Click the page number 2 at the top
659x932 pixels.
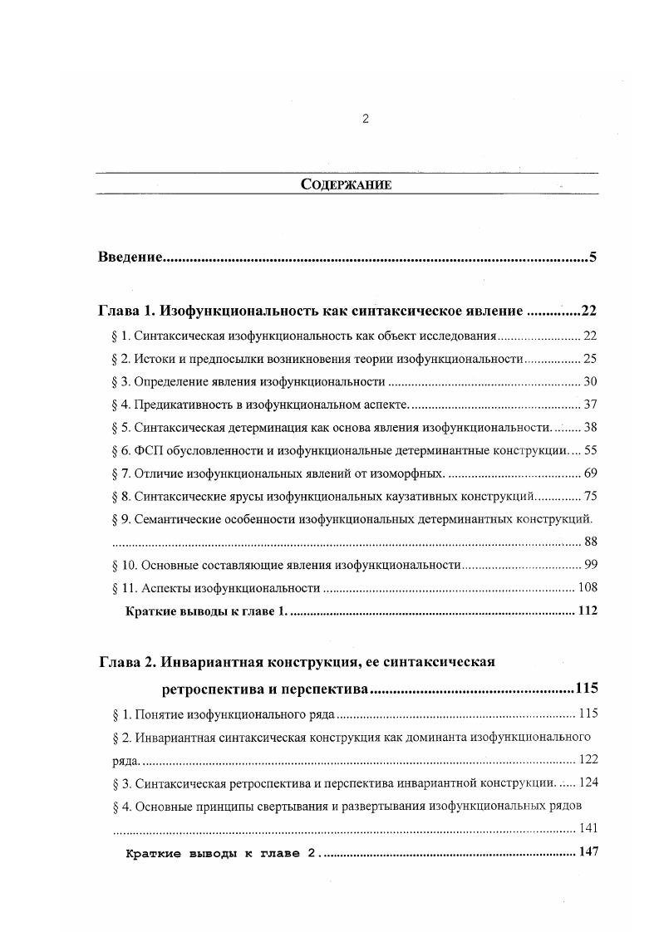click(x=366, y=119)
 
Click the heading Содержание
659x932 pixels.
click(x=346, y=184)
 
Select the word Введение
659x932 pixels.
click(x=129, y=257)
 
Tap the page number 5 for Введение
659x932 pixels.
click(x=593, y=257)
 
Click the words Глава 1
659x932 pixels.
click(x=126, y=312)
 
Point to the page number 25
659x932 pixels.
click(x=590, y=359)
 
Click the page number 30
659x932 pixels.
click(x=590, y=382)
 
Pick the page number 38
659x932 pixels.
click(x=590, y=428)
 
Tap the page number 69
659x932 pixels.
click(x=590, y=473)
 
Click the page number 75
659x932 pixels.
click(x=590, y=497)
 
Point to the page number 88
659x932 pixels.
click(x=590, y=542)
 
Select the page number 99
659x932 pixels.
click(x=590, y=565)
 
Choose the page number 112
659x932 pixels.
click(x=587, y=611)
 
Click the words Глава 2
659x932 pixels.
click(x=126, y=662)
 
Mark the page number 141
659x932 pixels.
click(x=587, y=829)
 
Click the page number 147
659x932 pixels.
click(x=587, y=853)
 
